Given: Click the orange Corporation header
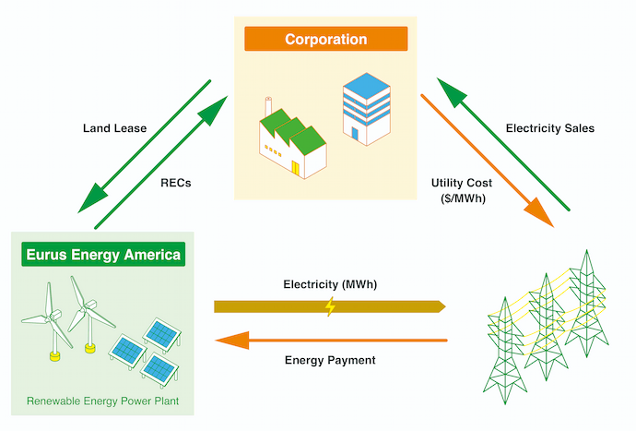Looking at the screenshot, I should pyautogui.click(x=325, y=39).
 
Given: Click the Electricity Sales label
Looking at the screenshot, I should pyautogui.click(x=550, y=128).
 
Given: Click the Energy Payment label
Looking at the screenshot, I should pyautogui.click(x=330, y=360).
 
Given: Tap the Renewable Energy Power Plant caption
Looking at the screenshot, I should pyautogui.click(x=101, y=401).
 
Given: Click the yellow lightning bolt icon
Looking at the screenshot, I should pyautogui.click(x=329, y=306).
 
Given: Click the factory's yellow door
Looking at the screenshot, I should pyautogui.click(x=296, y=168).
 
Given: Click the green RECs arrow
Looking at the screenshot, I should pyautogui.click(x=162, y=157).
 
